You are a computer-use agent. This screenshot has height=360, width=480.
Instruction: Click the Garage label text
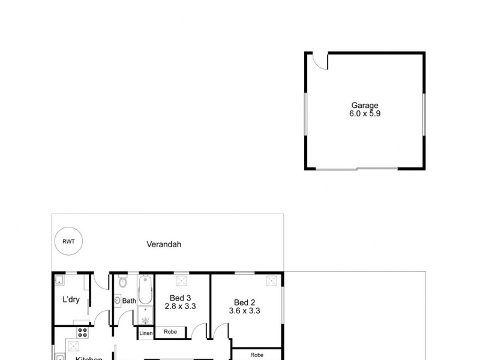[364, 106]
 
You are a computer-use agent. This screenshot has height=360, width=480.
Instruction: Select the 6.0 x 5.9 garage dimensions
[364, 113]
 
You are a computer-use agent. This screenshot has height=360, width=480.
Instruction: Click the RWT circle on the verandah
[69, 241]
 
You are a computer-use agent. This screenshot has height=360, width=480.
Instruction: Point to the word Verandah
[164, 245]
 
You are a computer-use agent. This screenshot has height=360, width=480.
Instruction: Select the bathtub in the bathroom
[145, 290]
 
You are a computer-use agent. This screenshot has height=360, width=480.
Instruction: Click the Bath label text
[129, 301]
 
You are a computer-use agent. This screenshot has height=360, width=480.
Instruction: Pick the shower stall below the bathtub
[145, 315]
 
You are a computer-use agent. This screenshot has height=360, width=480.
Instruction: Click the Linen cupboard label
[146, 333]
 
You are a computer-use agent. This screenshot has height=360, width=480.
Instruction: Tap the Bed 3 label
[180, 298]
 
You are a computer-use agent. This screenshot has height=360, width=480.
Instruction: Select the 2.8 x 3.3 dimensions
[180, 307]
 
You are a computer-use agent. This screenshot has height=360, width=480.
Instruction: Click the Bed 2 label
[244, 302]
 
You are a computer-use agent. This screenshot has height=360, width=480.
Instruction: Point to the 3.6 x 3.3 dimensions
[244, 311]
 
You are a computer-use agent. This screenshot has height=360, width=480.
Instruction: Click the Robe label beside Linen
[170, 331]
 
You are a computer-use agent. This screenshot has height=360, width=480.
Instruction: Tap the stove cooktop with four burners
[83, 332]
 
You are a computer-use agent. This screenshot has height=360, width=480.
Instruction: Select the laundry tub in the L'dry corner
[59, 281]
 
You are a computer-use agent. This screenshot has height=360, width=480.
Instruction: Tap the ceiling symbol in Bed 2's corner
[271, 281]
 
